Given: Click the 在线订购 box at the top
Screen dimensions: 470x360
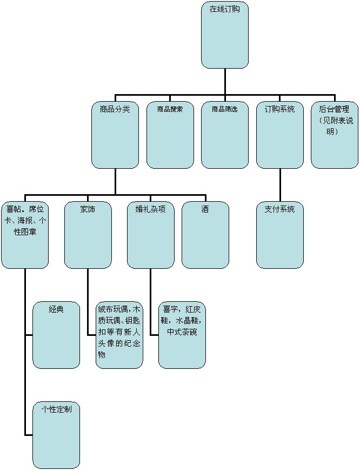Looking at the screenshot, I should point(225,35).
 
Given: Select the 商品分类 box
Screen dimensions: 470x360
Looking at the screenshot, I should point(115,135).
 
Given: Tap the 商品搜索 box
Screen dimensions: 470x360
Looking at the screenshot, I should point(170,135).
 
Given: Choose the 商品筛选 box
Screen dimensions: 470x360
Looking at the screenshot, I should point(225,135).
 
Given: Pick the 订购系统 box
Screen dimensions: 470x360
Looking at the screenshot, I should point(279,135).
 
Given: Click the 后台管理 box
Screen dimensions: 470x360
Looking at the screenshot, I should point(335,135).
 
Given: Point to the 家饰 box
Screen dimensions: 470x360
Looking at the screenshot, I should point(88,235).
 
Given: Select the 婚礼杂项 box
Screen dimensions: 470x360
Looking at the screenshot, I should point(150,235).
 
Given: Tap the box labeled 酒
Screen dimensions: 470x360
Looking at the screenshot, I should point(205,235).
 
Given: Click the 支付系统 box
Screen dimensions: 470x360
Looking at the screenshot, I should point(279,235).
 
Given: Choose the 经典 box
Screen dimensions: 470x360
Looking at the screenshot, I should point(56,335).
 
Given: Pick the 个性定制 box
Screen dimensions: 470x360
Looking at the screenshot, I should point(56,435).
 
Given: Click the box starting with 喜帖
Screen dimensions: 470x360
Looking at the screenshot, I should point(25,235).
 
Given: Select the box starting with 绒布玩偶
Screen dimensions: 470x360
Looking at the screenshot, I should point(119,335).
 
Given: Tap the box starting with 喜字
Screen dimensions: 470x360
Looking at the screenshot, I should point(182,335).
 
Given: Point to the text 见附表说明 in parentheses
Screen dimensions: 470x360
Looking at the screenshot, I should point(335,126).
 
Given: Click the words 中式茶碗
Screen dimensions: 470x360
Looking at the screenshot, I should point(182,332).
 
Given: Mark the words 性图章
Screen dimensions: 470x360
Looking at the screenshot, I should point(25,232).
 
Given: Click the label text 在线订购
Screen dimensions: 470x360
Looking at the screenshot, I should point(225,9).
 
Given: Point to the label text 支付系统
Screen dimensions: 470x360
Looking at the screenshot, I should point(279,209).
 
